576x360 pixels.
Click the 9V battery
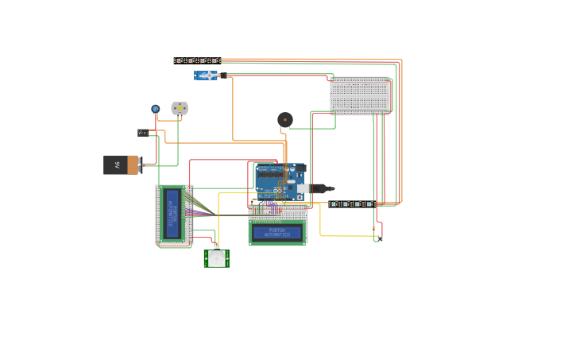[x=119, y=165]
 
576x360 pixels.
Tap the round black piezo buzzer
[x=284, y=120]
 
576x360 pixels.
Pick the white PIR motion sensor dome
[x=216, y=258]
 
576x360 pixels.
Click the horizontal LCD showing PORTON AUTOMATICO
[x=277, y=233]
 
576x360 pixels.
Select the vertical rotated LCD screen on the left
[x=172, y=215]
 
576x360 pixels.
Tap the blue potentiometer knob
[x=156, y=109]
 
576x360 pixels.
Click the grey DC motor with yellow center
[x=180, y=108]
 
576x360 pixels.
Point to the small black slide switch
[x=143, y=133]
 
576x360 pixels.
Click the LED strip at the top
[x=196, y=60]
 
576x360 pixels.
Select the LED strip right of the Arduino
[x=351, y=204]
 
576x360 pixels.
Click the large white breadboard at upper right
[x=360, y=95]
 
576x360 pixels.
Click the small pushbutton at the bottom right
[x=379, y=238]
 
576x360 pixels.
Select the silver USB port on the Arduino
[x=302, y=189]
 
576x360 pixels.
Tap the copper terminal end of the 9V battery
[x=133, y=165]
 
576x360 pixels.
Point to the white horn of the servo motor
[x=210, y=75]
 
